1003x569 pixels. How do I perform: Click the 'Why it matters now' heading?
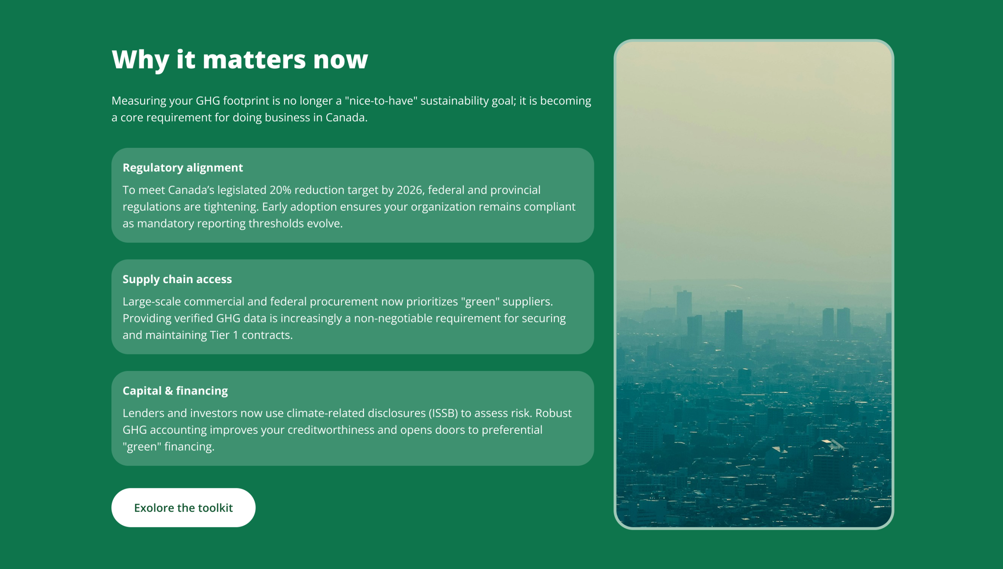point(240,60)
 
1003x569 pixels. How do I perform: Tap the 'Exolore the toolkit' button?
point(183,507)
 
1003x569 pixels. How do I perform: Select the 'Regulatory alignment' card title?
point(183,168)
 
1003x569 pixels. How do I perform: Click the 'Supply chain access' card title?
point(177,279)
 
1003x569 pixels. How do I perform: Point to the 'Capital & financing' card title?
point(175,391)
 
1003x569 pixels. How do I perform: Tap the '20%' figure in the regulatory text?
point(280,190)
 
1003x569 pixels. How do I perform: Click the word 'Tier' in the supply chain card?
point(220,335)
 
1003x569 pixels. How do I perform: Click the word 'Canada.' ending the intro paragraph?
point(346,118)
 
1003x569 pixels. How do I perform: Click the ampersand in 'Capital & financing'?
point(169,391)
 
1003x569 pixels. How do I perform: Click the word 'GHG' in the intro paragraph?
point(208,101)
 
